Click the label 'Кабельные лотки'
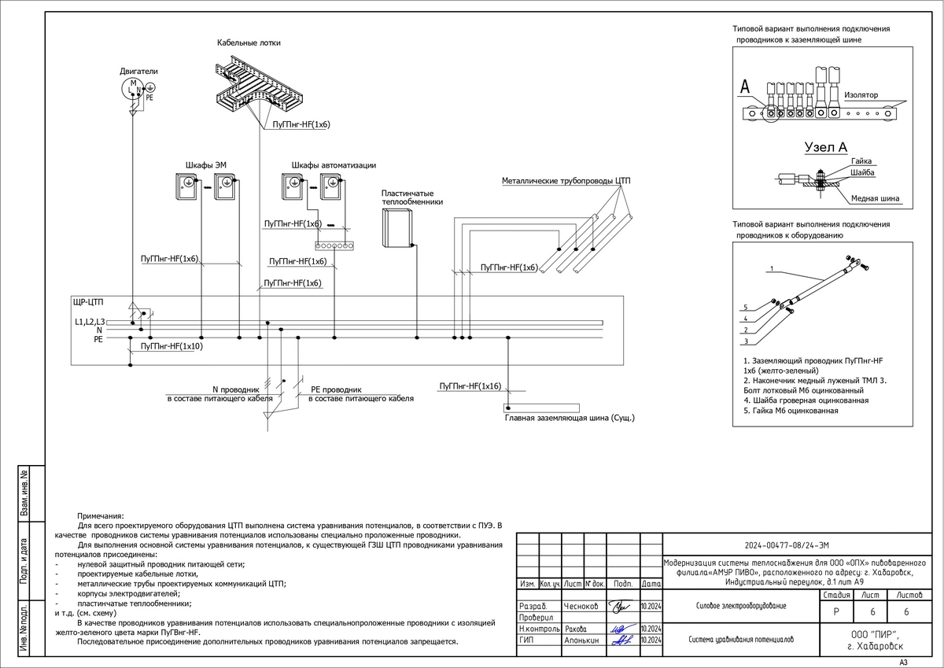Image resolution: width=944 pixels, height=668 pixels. [249, 42]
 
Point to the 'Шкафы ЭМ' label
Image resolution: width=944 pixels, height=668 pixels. [205, 164]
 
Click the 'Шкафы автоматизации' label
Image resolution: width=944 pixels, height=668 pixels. [334, 164]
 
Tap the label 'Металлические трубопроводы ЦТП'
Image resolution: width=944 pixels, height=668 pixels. [566, 181]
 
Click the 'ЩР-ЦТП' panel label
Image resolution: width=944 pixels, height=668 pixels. [88, 302]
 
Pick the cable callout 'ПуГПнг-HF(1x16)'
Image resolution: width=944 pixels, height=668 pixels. [470, 386]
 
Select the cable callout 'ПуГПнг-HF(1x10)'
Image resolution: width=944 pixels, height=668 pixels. [171, 346]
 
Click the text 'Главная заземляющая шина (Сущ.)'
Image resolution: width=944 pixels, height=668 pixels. [570, 418]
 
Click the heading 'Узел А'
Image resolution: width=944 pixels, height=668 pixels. [825, 147]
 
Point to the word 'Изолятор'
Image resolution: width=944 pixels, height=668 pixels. [861, 94]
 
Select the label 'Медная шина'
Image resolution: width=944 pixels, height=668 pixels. [875, 198]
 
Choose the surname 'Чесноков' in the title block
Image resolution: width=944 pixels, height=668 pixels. [581, 607]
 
